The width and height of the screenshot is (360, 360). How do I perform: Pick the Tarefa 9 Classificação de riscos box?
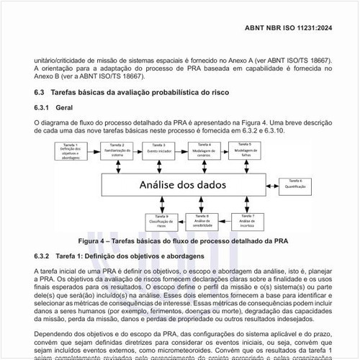click(160, 220)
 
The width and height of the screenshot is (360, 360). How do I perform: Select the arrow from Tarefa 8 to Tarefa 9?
click(181, 221)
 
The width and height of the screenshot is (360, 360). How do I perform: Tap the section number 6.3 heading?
click(40, 93)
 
